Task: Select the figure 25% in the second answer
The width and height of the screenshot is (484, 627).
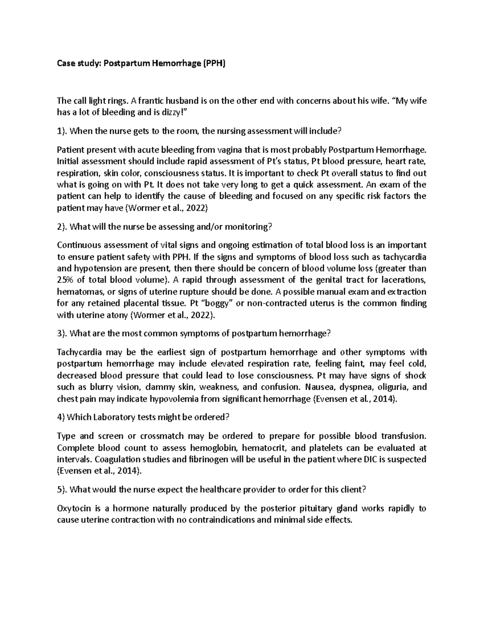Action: coord(65,280)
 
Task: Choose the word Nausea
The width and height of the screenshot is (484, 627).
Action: coord(319,387)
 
